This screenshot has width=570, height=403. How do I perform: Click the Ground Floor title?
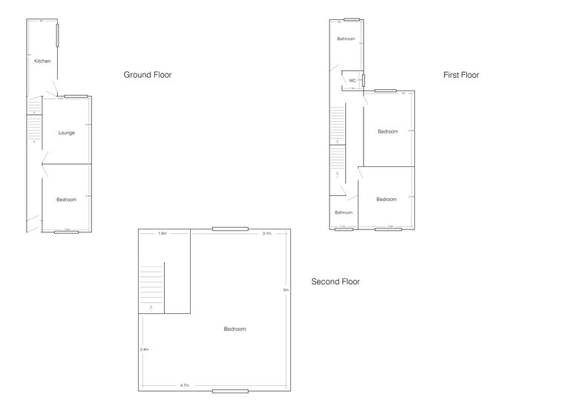point(147,75)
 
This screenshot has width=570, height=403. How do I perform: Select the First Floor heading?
point(461,75)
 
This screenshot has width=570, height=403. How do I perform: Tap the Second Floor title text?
point(335,282)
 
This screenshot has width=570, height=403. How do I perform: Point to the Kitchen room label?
point(42,61)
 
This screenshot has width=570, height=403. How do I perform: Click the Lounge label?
point(67,133)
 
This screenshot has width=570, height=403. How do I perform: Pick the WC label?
point(352,80)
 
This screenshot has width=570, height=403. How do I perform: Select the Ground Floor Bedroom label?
point(67,200)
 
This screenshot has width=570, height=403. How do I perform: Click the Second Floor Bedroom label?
point(235,329)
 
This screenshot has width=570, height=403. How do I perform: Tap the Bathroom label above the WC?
point(346,39)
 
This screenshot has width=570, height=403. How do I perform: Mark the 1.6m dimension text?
point(162,234)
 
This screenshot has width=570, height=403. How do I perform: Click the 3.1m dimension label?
point(266,234)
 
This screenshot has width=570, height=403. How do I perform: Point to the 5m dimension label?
point(286,289)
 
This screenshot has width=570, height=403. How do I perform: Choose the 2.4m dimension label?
point(144,350)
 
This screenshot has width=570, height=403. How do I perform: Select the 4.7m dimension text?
point(184,385)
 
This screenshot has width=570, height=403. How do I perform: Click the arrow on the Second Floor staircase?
point(151,306)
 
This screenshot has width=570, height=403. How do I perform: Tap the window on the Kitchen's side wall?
point(57,35)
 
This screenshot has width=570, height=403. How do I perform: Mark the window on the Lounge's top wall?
point(75,96)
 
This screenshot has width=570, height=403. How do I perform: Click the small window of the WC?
point(364,79)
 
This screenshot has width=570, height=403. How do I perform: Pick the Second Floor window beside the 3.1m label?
point(229,229)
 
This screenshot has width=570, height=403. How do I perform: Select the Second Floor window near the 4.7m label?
point(229,390)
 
